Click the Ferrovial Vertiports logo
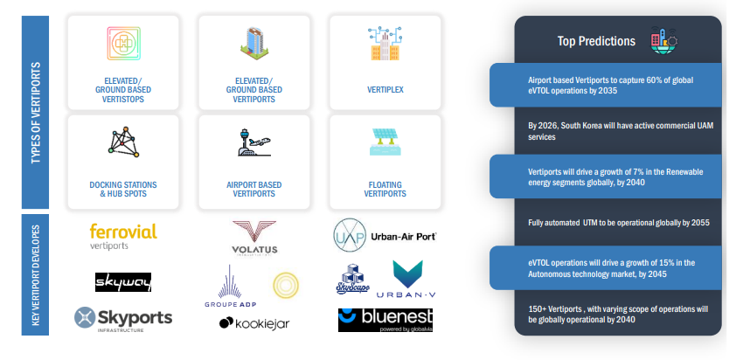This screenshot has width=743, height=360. pos(123,237)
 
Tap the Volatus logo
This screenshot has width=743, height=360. pos(254,239)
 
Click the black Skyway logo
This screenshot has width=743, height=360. pos(123,281)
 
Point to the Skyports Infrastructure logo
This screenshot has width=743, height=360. pos(123,317)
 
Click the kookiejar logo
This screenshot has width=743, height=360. pos(254,323)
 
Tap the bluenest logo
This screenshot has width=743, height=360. pos(385,320)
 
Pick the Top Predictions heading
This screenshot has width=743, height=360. pos(596,41)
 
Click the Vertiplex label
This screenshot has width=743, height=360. pos(384,89)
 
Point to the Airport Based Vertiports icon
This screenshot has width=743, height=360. pos(254,143)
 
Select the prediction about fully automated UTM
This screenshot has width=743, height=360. pos(619,223)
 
